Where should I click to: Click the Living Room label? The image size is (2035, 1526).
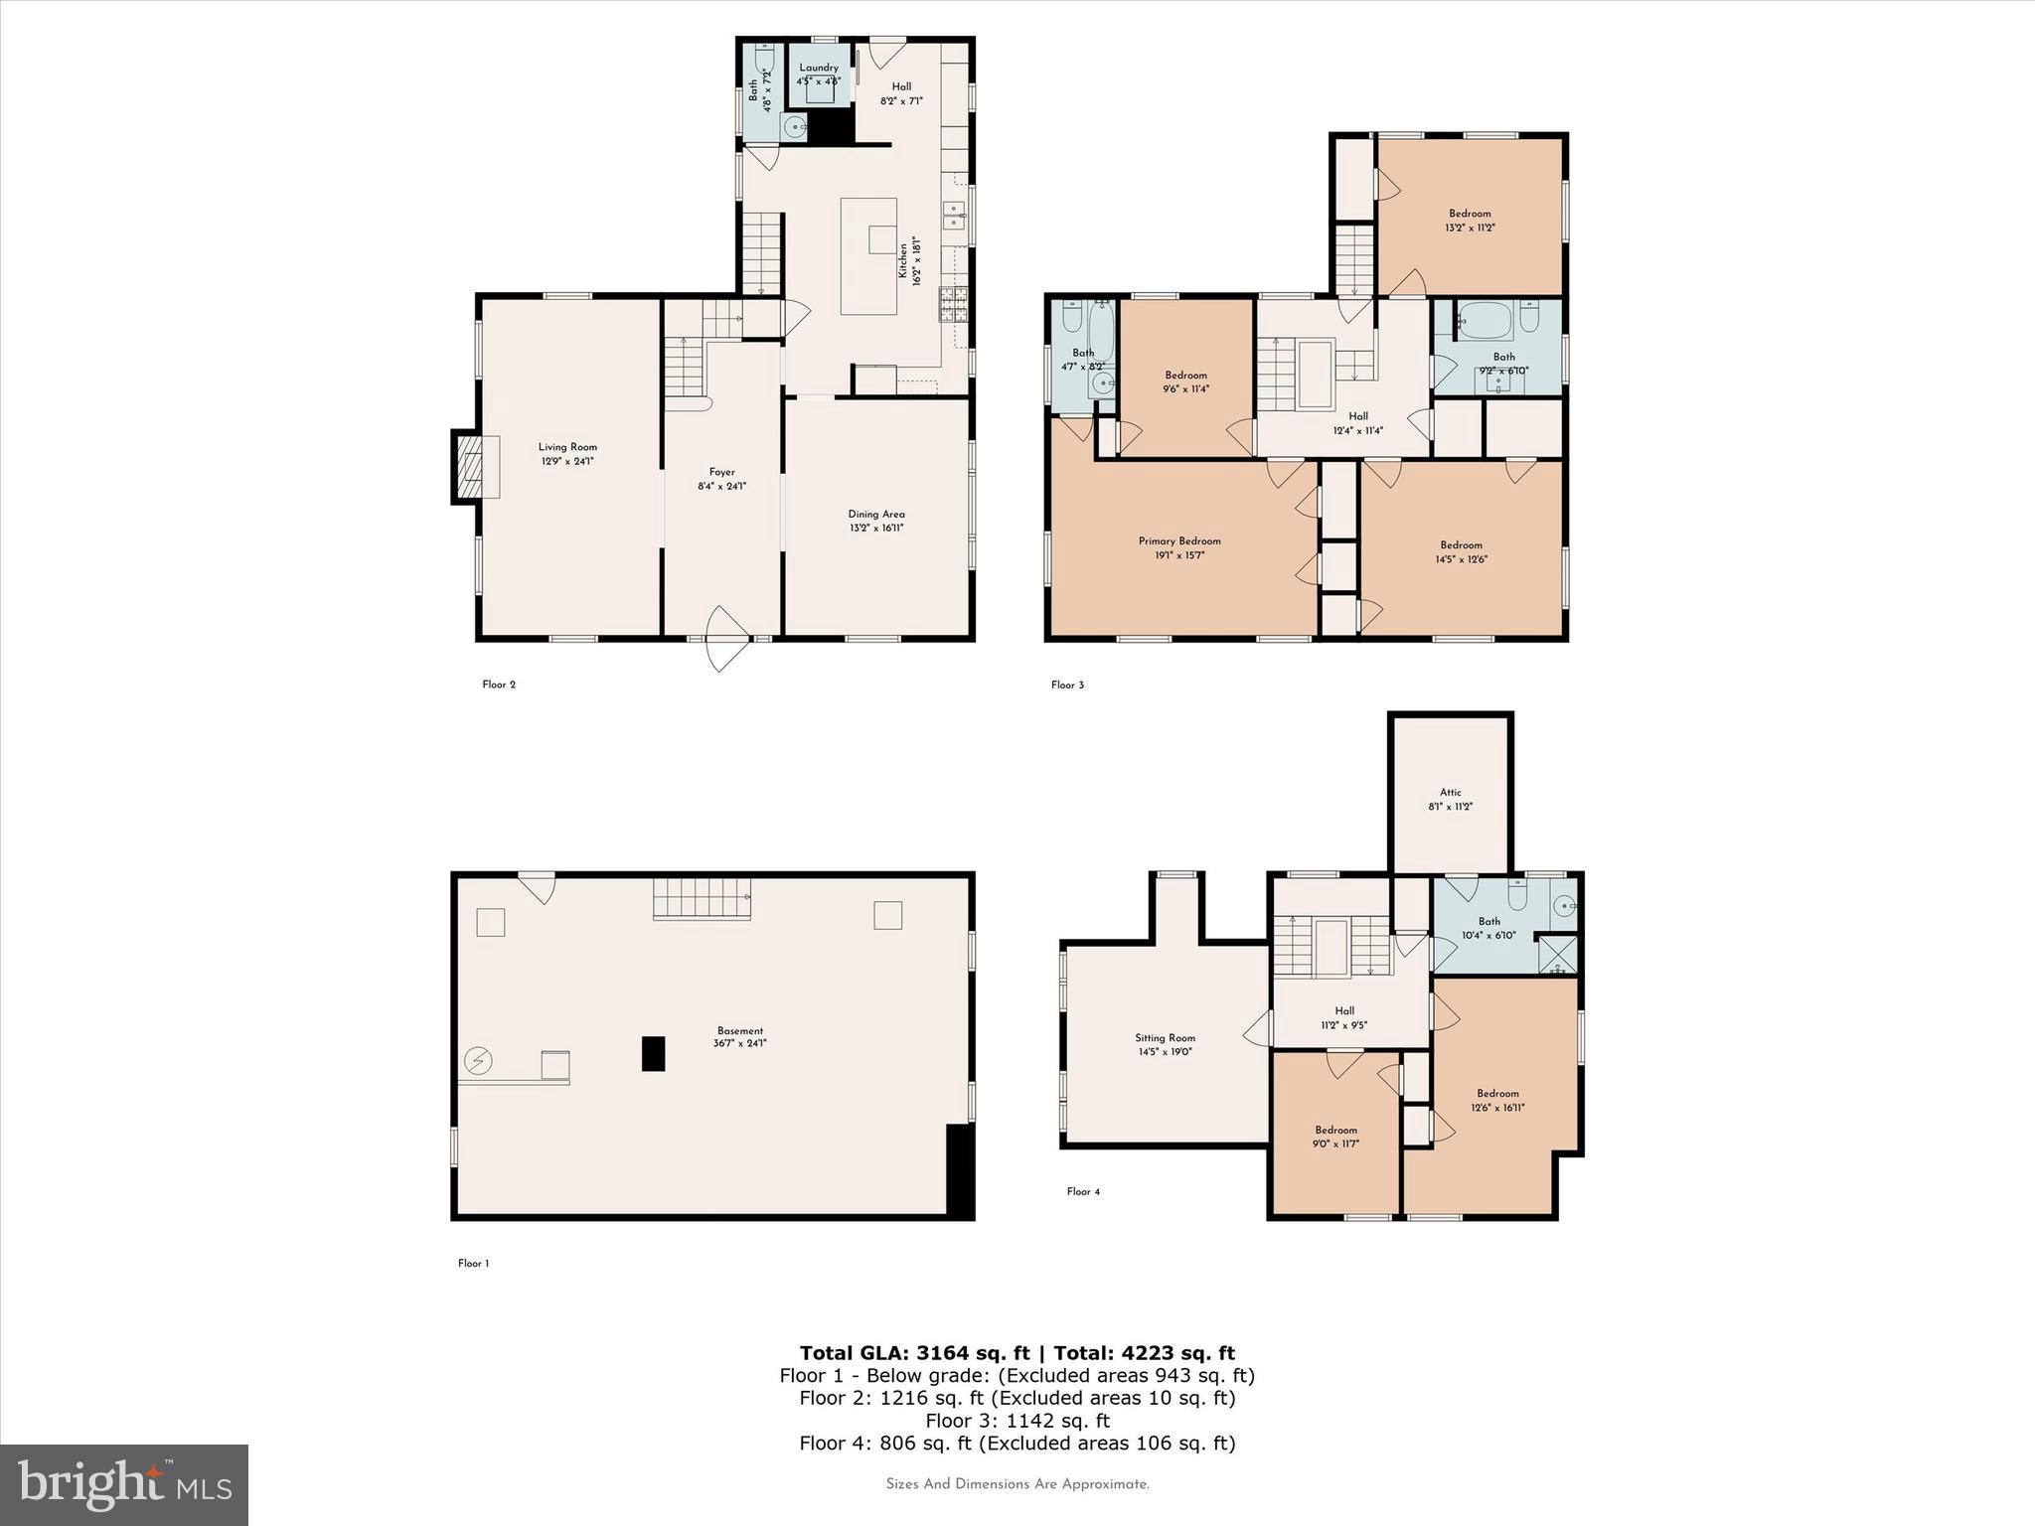tap(567, 447)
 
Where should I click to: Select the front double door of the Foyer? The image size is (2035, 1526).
tap(725, 639)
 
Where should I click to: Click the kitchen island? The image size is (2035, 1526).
tap(867, 256)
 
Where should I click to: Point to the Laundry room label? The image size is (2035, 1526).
tap(819, 68)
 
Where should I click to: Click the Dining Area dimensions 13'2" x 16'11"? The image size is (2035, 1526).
tap(875, 528)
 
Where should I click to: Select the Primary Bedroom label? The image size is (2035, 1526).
tap(1179, 541)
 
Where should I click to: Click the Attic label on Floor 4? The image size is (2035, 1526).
tap(1451, 792)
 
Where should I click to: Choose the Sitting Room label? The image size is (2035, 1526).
tap(1165, 1037)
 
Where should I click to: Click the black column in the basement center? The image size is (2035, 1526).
tap(653, 1053)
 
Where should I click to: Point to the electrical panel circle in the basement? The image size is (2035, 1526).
tap(479, 1061)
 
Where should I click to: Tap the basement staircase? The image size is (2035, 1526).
tap(701, 898)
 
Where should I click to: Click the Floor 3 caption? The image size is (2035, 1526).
tap(1067, 685)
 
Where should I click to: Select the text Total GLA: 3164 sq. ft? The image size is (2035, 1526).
tap(914, 1352)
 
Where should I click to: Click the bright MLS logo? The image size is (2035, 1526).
tap(124, 1484)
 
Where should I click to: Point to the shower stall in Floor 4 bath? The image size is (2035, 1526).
tap(1557, 955)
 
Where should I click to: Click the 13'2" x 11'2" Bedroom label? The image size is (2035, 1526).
tap(1470, 214)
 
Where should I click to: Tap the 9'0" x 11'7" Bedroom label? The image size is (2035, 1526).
tap(1335, 1130)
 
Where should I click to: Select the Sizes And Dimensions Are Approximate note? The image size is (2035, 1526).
tap(1017, 1484)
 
